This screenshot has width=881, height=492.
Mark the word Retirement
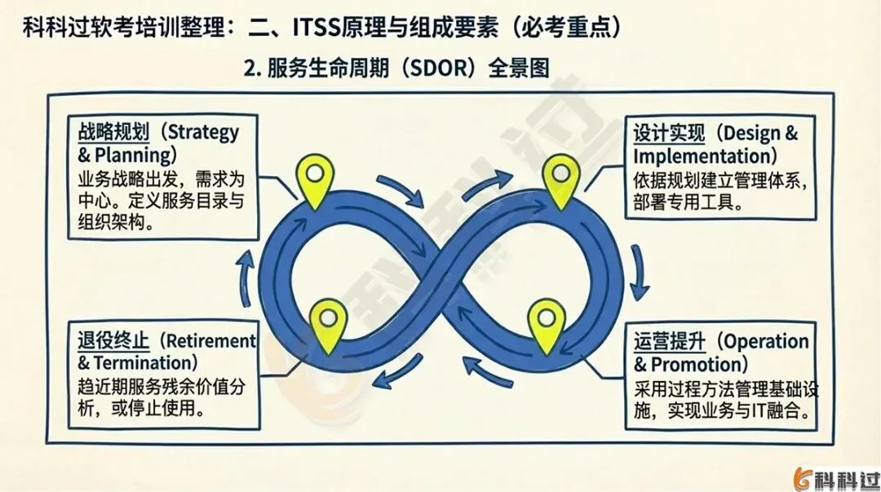212,341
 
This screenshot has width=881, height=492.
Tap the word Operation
767,341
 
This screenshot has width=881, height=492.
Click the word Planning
132,154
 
